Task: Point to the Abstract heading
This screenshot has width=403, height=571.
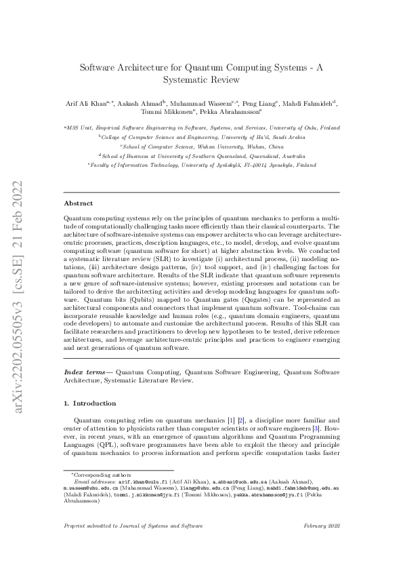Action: [79, 203]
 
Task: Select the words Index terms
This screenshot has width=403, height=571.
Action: [85, 372]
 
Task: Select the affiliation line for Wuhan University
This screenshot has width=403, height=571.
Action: [202, 146]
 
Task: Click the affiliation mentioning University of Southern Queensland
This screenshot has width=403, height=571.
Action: [202, 155]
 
